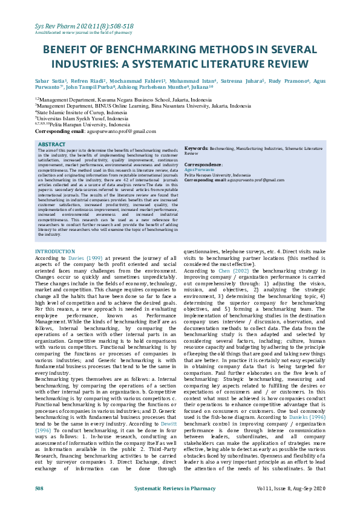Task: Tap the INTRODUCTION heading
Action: pyautogui.click(x=55, y=251)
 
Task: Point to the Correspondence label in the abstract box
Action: pyautogui.click(x=203, y=164)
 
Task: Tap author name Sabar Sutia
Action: pyautogui.click(x=50, y=80)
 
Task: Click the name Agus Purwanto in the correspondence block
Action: pyautogui.click(x=196, y=170)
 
